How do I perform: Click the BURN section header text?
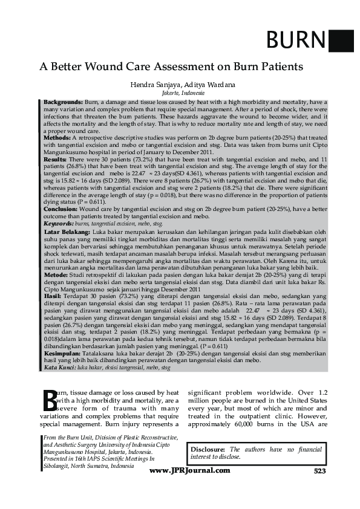296,41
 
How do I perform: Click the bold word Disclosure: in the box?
207,450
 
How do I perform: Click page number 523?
320,470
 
